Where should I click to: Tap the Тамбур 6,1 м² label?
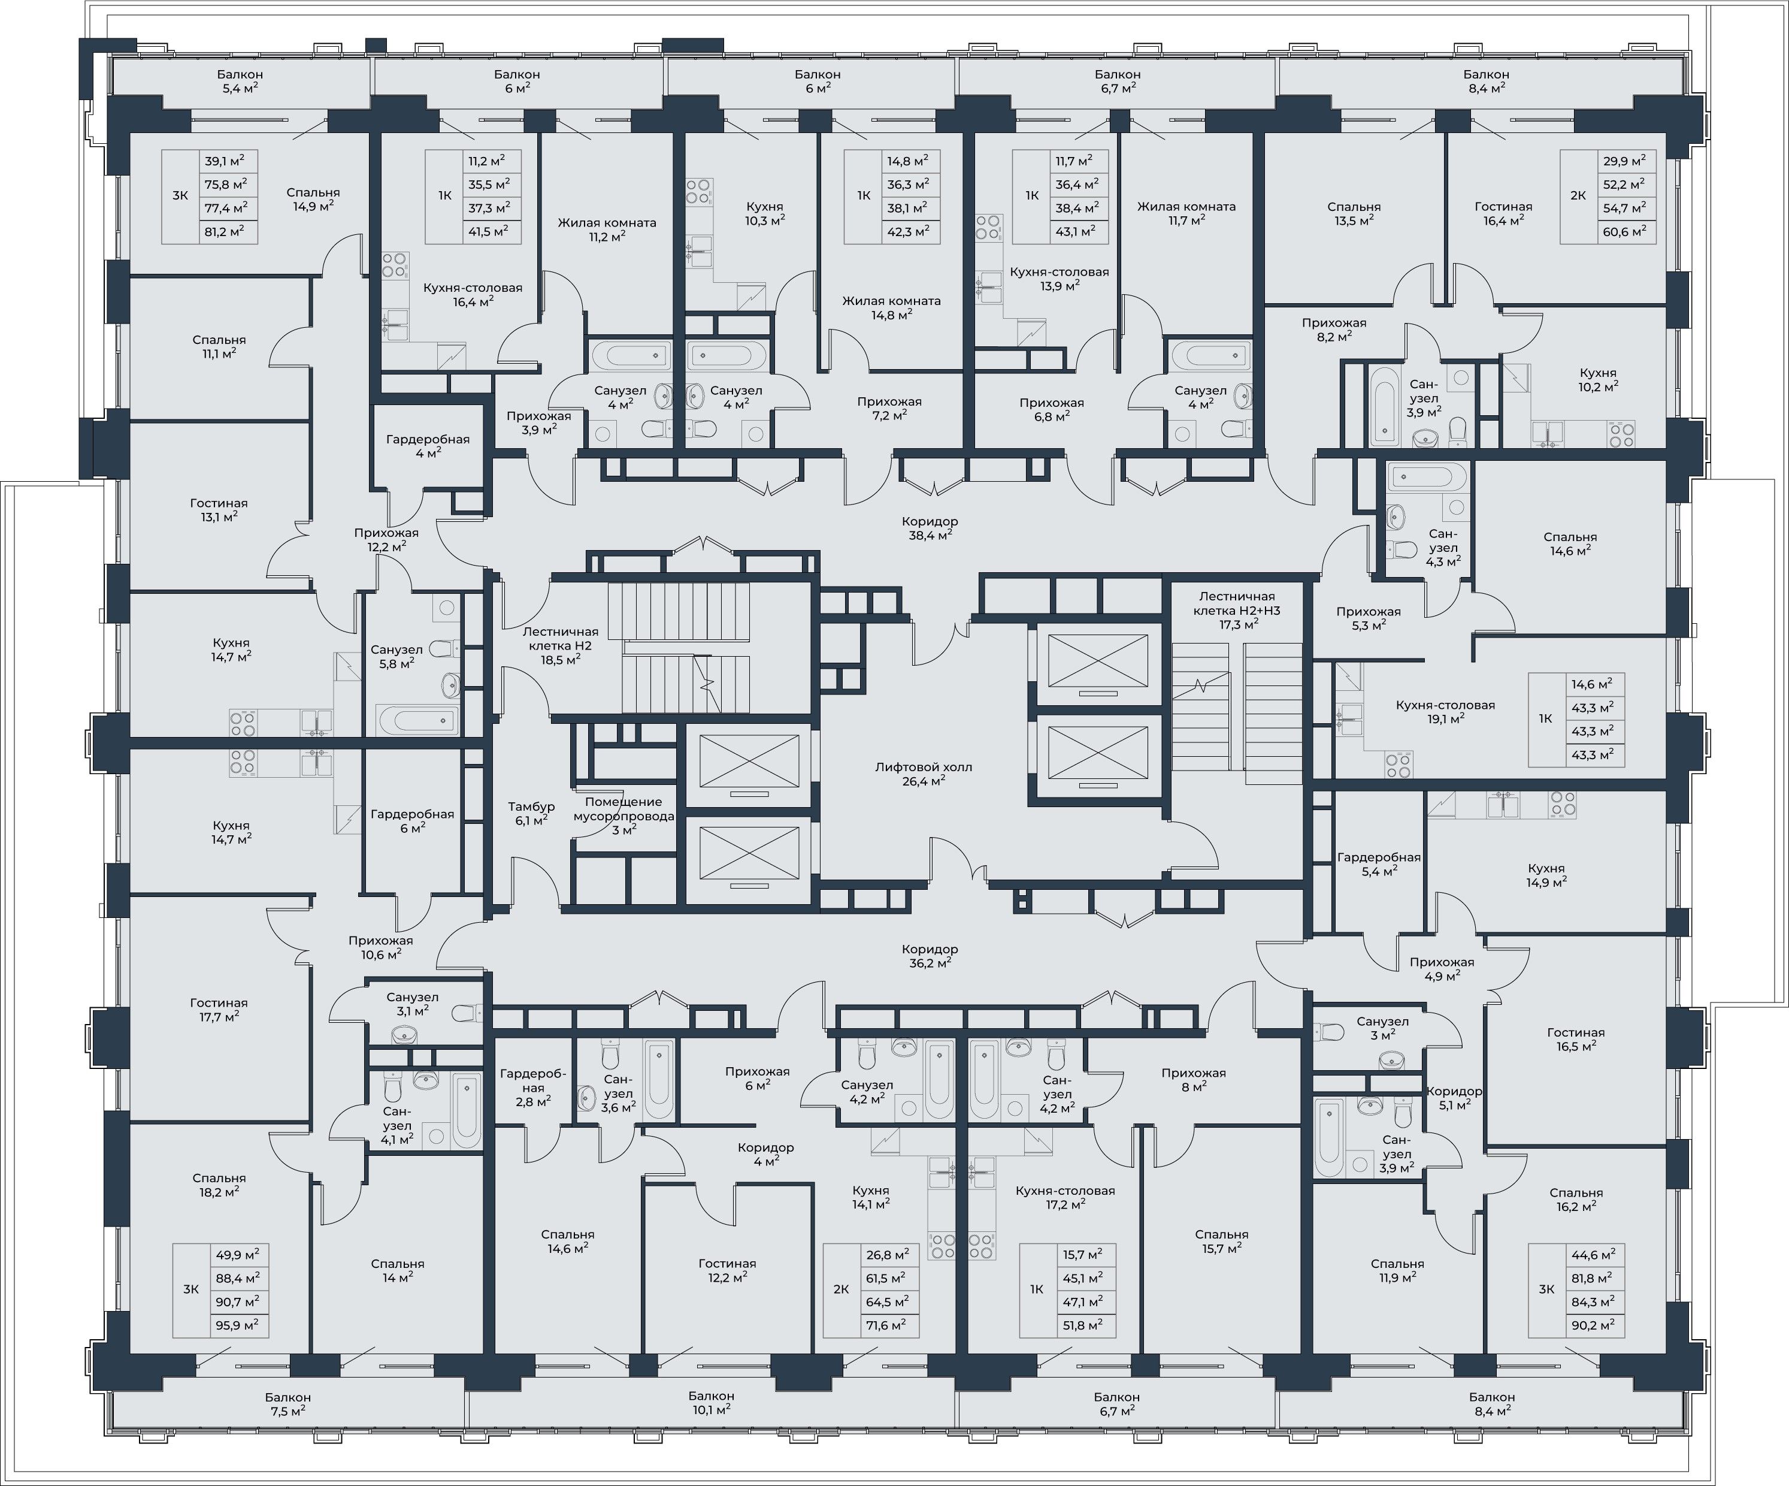(532, 814)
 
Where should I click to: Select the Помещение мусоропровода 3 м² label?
(623, 816)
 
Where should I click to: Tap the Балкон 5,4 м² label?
(240, 81)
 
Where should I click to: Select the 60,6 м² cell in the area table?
(1624, 232)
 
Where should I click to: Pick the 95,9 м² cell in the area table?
(238, 1326)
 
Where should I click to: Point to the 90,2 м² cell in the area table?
(1594, 1326)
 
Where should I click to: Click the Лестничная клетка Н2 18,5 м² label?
(561, 645)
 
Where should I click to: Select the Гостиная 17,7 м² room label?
(219, 1010)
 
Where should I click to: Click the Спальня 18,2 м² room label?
(219, 1185)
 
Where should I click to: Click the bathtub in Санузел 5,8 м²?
(417, 720)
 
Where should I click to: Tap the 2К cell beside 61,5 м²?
(841, 1289)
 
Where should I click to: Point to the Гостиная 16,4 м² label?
(1504, 213)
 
